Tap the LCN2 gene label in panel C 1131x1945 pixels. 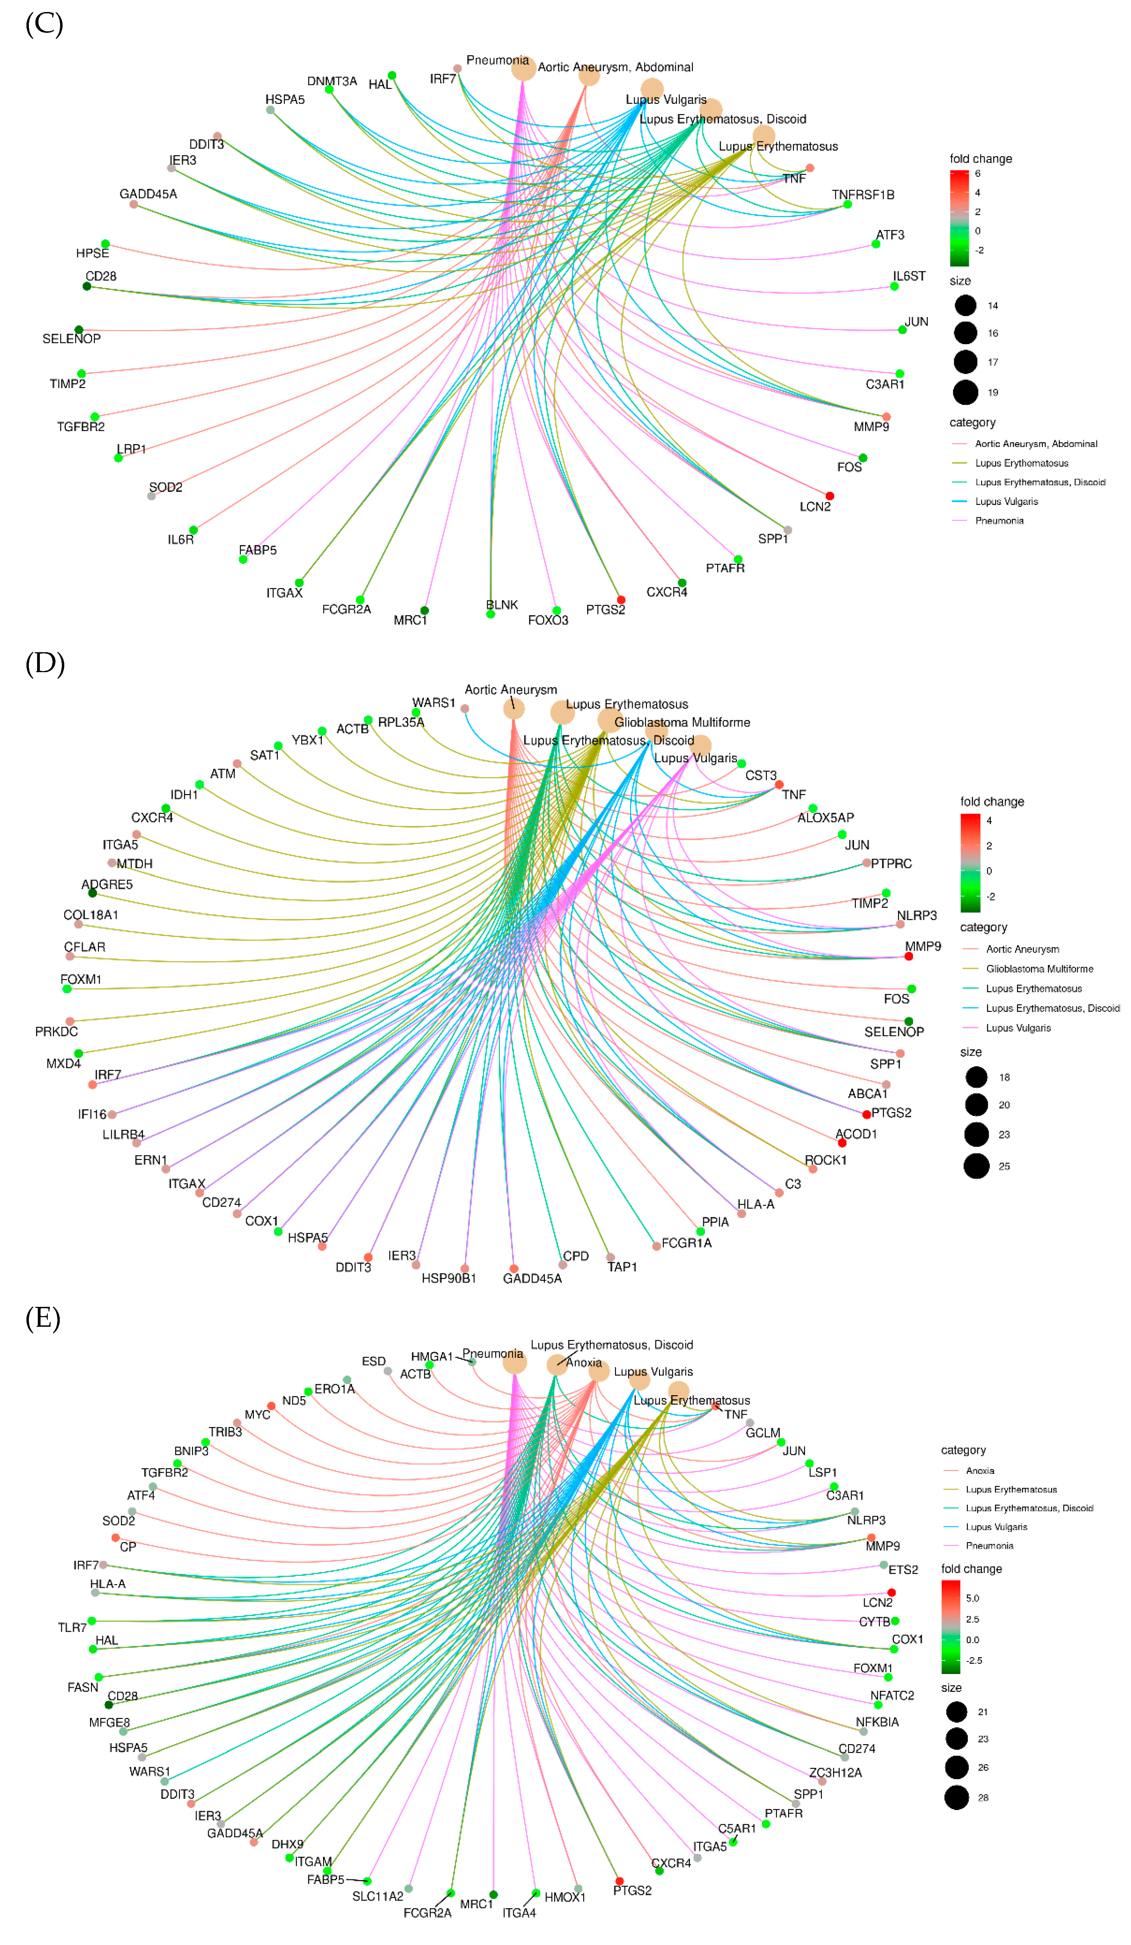[x=815, y=506]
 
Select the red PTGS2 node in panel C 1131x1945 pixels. [x=621, y=599]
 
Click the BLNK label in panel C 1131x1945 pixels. [x=502, y=604]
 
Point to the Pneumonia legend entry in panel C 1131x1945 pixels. [x=999, y=520]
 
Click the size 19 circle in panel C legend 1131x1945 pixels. [x=965, y=392]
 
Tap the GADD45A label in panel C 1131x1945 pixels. [x=147, y=194]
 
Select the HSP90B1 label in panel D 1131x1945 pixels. [x=449, y=1278]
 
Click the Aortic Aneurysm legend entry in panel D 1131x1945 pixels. [x=1022, y=949]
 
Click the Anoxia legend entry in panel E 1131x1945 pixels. [x=980, y=1470]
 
